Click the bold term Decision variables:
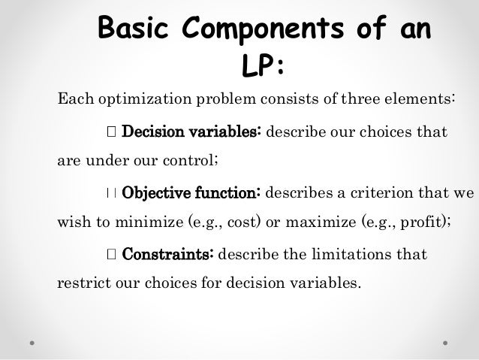click(191, 132)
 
